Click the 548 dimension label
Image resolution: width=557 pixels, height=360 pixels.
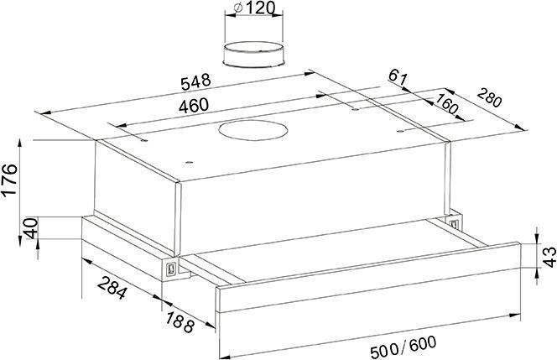[x=195, y=82]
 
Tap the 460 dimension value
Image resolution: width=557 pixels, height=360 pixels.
[x=193, y=106]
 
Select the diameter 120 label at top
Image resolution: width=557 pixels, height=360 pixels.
[x=255, y=8]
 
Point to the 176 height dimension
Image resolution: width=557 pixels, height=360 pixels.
[x=9, y=179]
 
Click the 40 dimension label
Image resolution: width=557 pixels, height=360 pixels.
[x=30, y=228]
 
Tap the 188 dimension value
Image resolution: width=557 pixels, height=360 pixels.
[x=180, y=321]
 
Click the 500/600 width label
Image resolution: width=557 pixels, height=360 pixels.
[x=403, y=347]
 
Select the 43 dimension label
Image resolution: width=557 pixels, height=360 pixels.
[x=549, y=257]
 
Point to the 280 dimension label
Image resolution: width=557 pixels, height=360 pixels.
[x=490, y=97]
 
